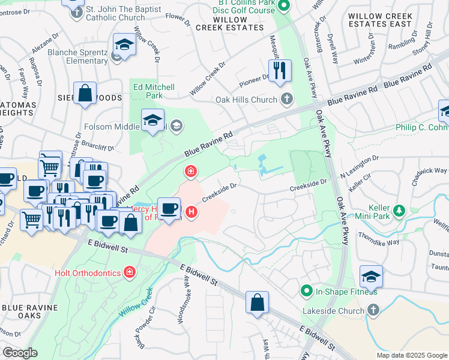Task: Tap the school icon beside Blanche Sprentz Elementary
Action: (124, 45)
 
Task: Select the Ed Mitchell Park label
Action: (154, 91)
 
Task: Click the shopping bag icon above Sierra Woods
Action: (85, 93)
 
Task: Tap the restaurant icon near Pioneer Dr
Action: (280, 70)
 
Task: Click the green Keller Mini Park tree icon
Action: (398, 211)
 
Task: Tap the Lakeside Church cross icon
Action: (373, 311)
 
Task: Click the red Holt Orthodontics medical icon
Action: (129, 273)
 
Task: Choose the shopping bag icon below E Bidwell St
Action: (257, 302)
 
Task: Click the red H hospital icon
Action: (191, 212)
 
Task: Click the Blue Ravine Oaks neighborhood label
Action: (30, 312)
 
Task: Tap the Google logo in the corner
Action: (20, 353)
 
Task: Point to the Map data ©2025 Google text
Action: (411, 355)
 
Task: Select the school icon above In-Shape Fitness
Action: (372, 277)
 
